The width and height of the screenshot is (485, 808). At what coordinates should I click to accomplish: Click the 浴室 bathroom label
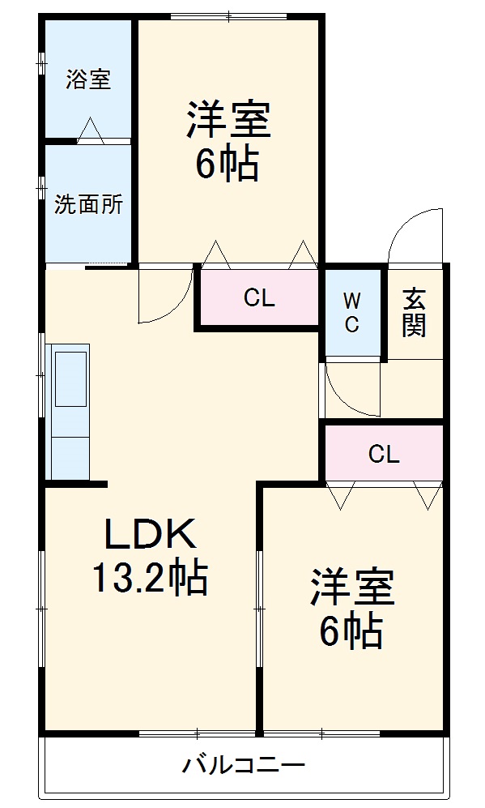point(88,79)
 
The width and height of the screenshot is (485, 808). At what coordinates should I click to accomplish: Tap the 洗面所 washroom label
point(88,204)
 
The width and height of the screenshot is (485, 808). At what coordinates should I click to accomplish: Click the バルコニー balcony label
point(242,763)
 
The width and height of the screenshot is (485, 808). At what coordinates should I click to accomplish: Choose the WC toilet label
point(352,312)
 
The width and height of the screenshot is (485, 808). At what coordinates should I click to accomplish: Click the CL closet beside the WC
point(259,298)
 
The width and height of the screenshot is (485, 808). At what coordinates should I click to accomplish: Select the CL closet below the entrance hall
point(384,454)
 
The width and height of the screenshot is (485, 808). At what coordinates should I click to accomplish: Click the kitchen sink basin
point(70,378)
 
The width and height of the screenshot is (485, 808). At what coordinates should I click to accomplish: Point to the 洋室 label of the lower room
point(352,588)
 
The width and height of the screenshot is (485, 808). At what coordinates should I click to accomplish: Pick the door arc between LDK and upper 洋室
point(166,296)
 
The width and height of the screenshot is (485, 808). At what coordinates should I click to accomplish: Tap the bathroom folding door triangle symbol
point(90,131)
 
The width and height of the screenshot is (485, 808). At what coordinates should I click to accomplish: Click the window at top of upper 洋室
point(229,15)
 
